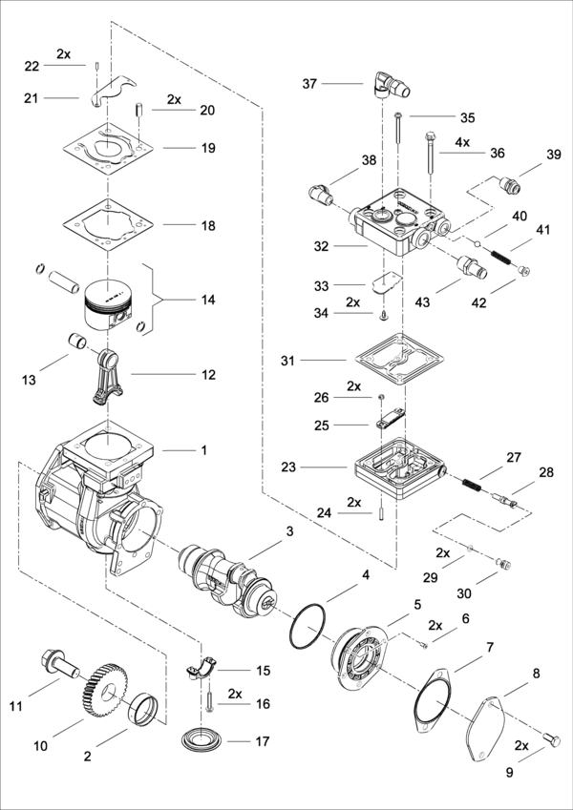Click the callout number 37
click(309, 84)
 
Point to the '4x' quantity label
click(461, 142)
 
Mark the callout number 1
click(202, 447)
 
